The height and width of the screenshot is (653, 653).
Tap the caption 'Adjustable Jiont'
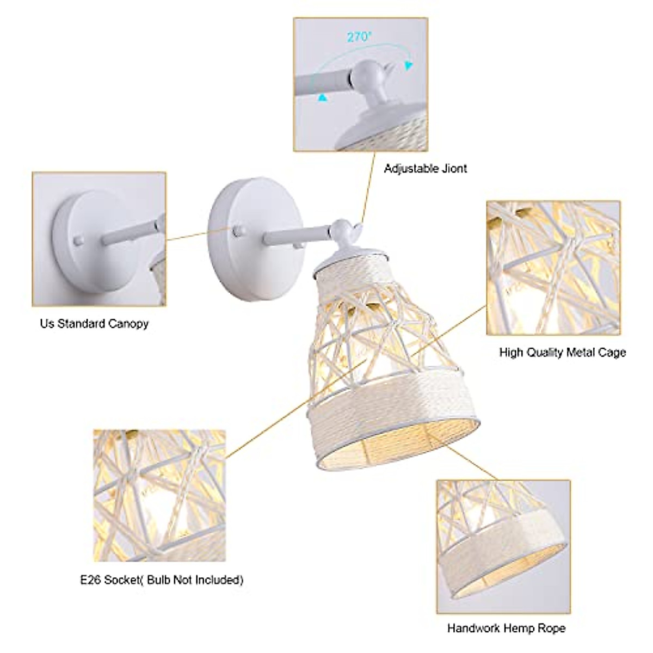pos(426,169)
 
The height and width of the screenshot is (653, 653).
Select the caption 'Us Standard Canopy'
pos(94,324)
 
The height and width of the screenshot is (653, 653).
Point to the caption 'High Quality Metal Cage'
pos(563,353)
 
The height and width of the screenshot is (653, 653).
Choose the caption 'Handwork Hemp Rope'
pos(506,629)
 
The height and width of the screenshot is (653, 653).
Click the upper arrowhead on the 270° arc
pos(408,66)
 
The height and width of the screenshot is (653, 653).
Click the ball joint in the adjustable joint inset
pos(367,73)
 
